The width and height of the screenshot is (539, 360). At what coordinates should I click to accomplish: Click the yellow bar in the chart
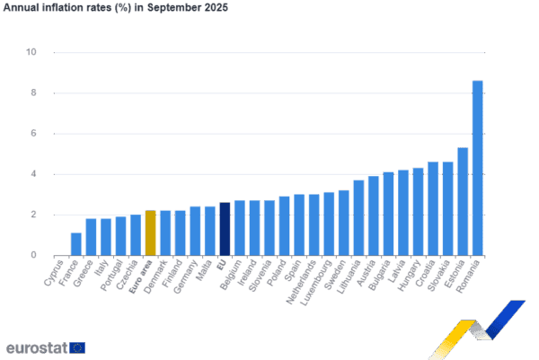pyautogui.click(x=151, y=233)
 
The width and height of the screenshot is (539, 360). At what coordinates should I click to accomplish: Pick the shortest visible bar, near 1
pyautogui.click(x=76, y=243)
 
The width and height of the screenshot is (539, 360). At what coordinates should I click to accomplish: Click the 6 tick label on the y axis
pyautogui.click(x=34, y=134)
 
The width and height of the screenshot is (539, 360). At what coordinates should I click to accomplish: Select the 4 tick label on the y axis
pyautogui.click(x=34, y=174)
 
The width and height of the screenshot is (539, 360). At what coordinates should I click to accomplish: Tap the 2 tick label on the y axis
pyautogui.click(x=34, y=215)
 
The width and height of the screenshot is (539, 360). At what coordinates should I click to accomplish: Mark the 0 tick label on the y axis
pyautogui.click(x=34, y=255)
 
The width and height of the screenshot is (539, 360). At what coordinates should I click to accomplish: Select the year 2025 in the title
pyautogui.click(x=216, y=7)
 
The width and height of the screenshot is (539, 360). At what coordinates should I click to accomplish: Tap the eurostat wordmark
pyautogui.click(x=36, y=347)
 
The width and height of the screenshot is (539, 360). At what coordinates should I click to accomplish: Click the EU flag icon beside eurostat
pyautogui.click(x=78, y=347)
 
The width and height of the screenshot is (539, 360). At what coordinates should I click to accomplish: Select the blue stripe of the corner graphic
pyautogui.click(x=508, y=319)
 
